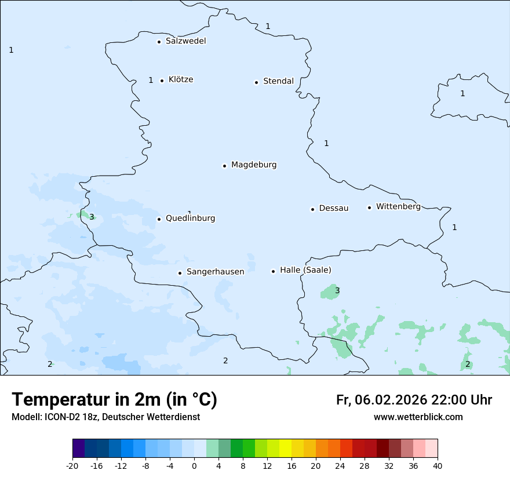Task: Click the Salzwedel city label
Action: [185, 41]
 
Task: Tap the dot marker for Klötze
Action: [162, 81]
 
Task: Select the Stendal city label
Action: [278, 81]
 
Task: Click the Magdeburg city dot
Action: [224, 166]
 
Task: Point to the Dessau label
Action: [334, 208]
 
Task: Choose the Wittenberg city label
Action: [398, 206]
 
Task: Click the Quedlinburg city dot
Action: [159, 219]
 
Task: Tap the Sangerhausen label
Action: [215, 272]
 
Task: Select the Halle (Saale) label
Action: [305, 270]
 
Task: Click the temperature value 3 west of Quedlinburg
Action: [92, 217]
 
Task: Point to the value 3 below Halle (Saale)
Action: [337, 290]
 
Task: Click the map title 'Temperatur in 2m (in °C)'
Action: [115, 400]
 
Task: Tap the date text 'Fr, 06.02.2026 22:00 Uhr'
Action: [414, 400]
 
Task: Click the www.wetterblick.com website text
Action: [418, 417]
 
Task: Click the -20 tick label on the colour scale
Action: [72, 465]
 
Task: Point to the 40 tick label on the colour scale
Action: [438, 465]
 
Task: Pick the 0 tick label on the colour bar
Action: [194, 465]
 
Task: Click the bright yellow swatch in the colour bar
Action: [285, 449]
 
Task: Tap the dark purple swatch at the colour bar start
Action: [78, 449]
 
